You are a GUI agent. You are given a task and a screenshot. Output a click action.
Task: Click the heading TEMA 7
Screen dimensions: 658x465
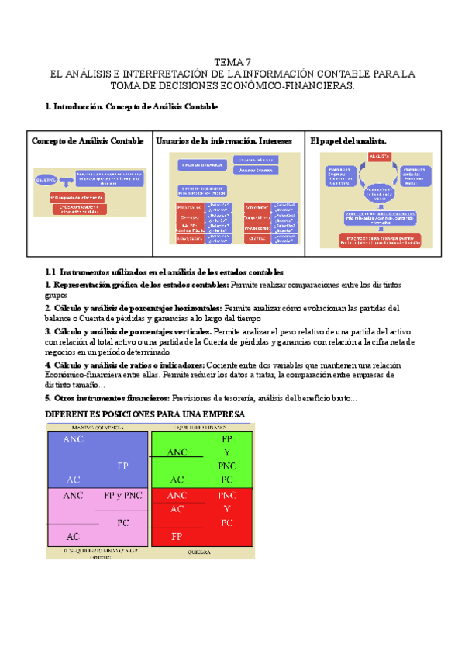click(232, 62)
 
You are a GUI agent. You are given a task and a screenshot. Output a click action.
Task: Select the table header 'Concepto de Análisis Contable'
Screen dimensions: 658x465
click(88, 140)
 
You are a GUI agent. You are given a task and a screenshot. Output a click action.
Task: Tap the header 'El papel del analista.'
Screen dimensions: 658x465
click(348, 140)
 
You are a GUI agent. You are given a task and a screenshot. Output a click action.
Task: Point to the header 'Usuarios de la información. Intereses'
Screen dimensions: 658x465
click(224, 140)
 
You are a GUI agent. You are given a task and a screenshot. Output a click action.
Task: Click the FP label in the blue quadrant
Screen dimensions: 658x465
click(122, 466)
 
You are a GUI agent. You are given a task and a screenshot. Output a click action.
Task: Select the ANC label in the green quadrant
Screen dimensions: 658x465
click(177, 452)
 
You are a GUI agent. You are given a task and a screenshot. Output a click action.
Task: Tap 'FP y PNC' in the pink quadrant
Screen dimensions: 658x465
click(122, 494)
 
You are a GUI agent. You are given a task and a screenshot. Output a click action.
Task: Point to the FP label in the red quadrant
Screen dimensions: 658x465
click(177, 536)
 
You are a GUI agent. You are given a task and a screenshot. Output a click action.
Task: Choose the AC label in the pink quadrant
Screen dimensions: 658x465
click(74, 536)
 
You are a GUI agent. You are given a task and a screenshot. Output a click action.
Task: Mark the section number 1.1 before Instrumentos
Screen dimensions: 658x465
click(51, 272)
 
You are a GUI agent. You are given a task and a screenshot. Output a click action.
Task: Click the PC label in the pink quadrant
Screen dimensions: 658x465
click(122, 522)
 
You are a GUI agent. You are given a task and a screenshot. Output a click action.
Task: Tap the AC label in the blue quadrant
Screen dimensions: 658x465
click(74, 480)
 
